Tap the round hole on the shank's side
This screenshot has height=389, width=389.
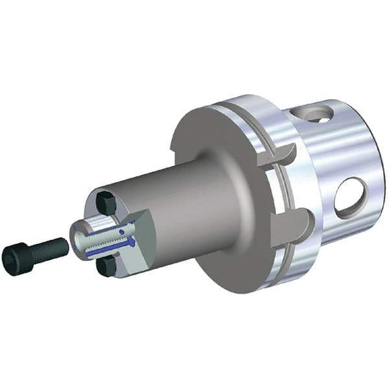(x=350, y=198)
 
